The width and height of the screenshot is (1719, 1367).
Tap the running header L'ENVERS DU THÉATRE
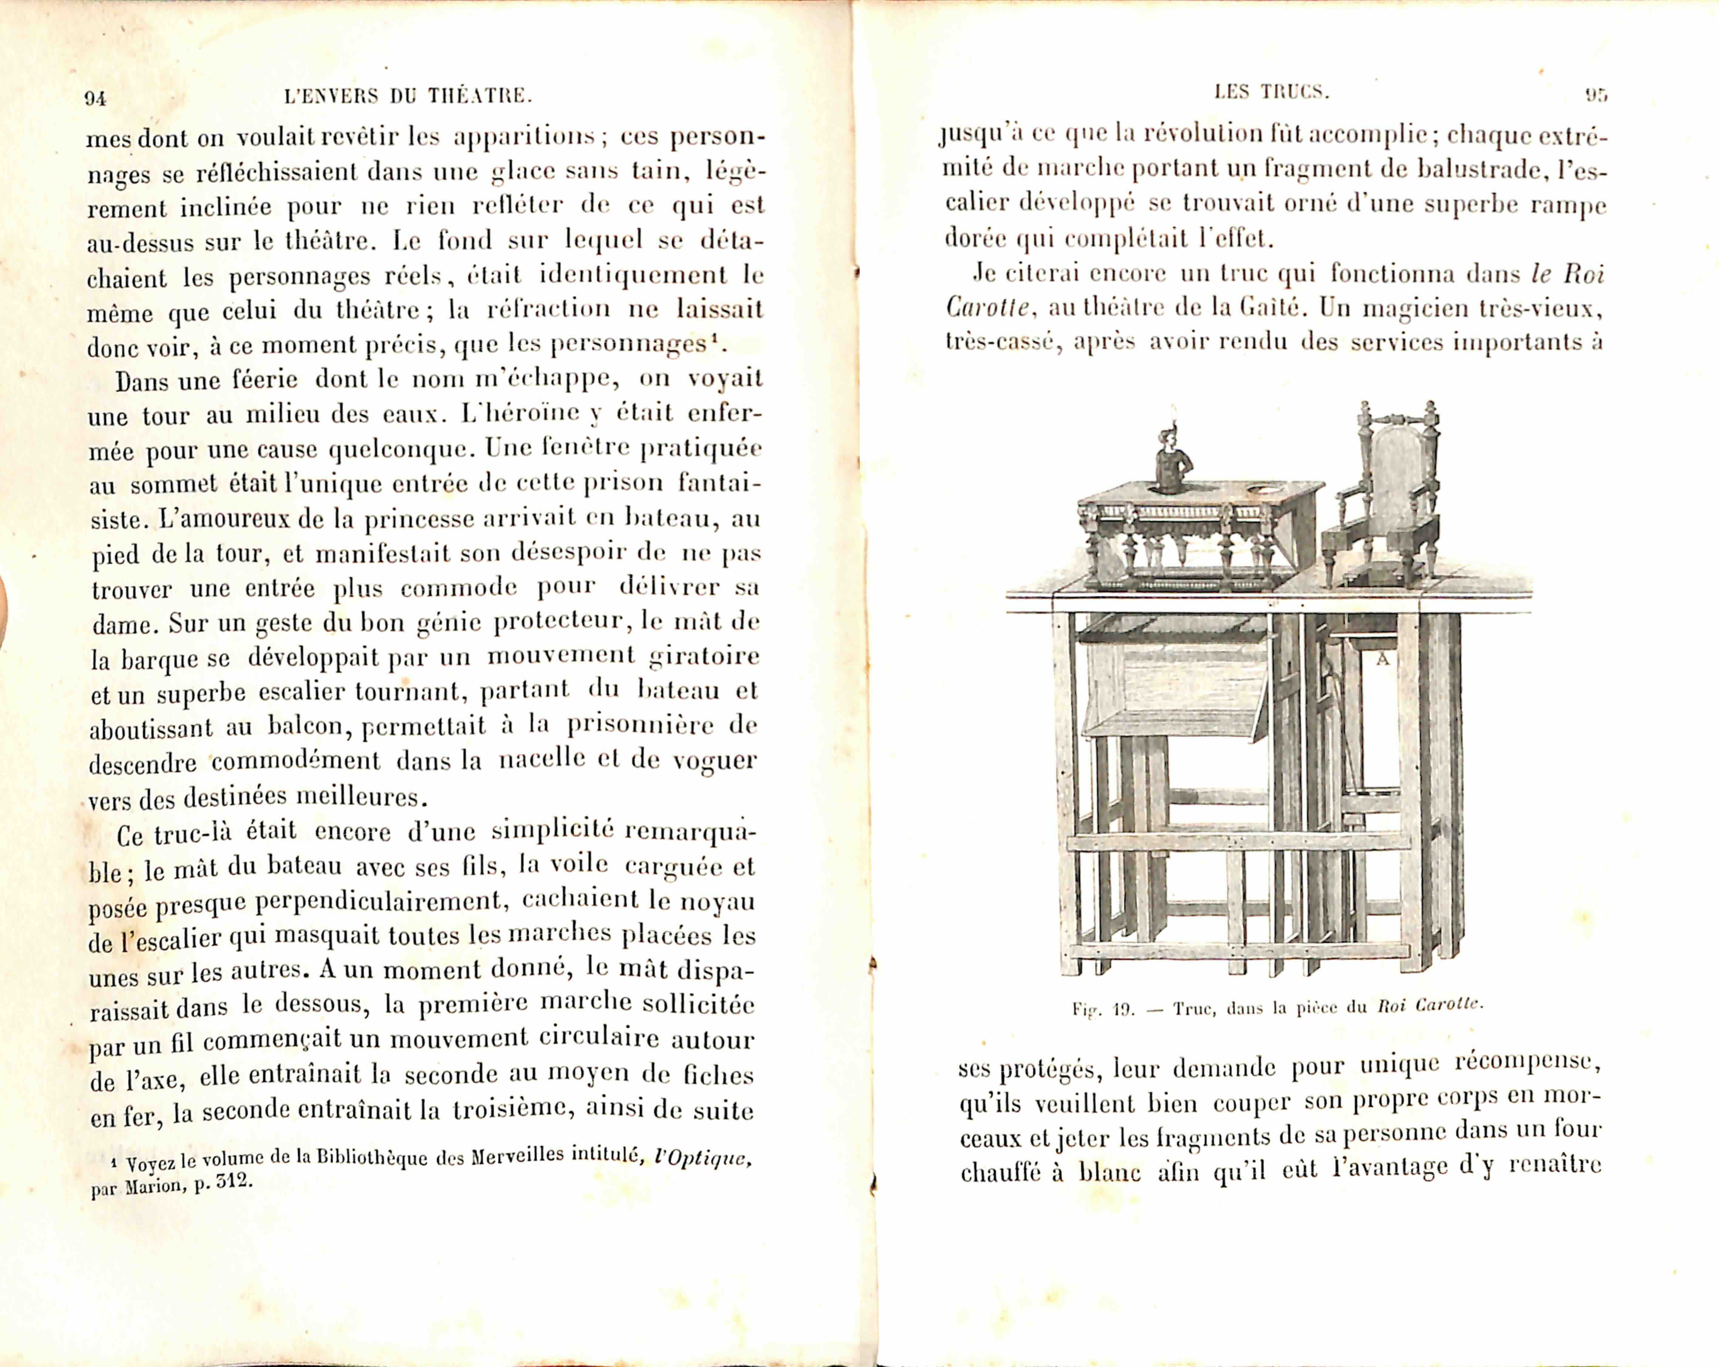407,97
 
